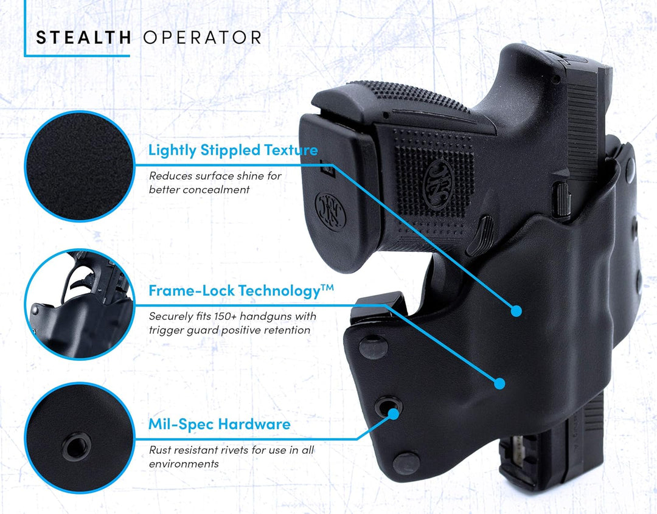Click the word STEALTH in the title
(x=83, y=37)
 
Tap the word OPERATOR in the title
(x=202, y=37)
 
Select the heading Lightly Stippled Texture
(x=233, y=150)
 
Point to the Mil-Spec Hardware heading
(x=219, y=424)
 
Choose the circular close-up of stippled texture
(x=78, y=166)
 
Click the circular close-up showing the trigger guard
(x=78, y=304)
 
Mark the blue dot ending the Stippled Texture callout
(x=516, y=311)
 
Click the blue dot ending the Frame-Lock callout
(x=499, y=384)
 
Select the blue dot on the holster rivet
(x=393, y=413)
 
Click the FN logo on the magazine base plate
(x=331, y=211)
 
